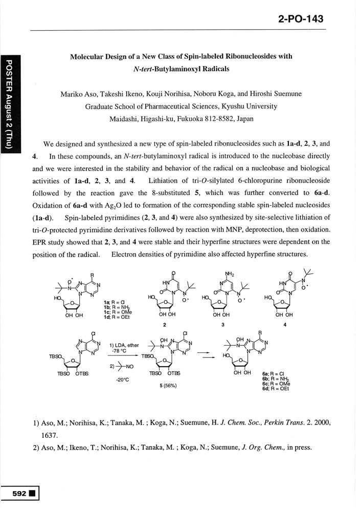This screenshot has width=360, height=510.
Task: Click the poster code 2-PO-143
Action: click(301, 19)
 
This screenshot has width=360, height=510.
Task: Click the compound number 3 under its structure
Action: click(223, 324)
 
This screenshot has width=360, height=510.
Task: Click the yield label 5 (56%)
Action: click(166, 385)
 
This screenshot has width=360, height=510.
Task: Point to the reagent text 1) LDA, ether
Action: click(124, 345)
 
